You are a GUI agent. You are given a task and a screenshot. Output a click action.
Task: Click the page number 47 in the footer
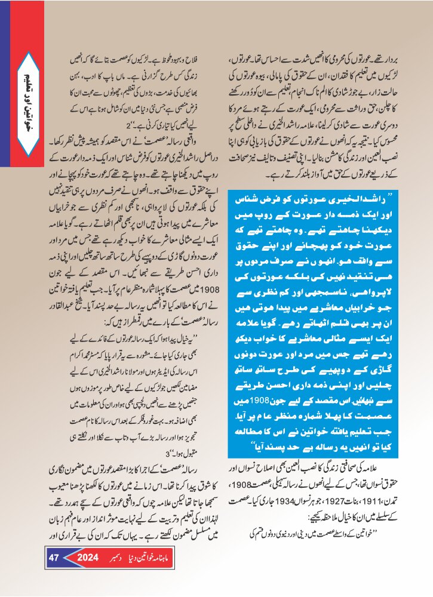[53, 559]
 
